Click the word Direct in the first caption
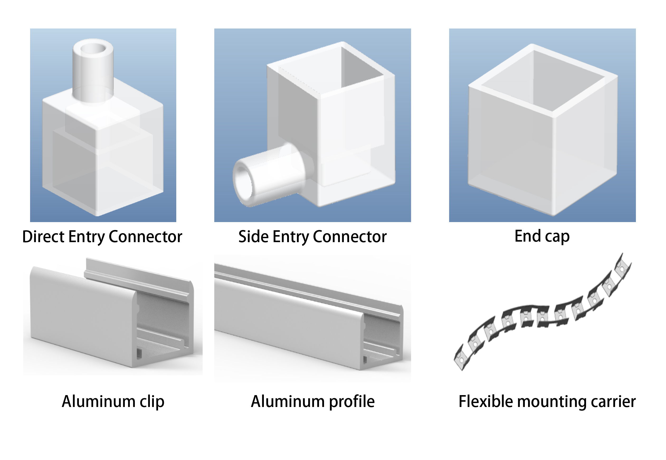43,237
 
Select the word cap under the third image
557,237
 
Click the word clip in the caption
152,401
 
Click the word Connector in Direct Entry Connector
145,237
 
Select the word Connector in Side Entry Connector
349,237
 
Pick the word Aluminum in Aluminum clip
99,401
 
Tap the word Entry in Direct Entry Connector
87,237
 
